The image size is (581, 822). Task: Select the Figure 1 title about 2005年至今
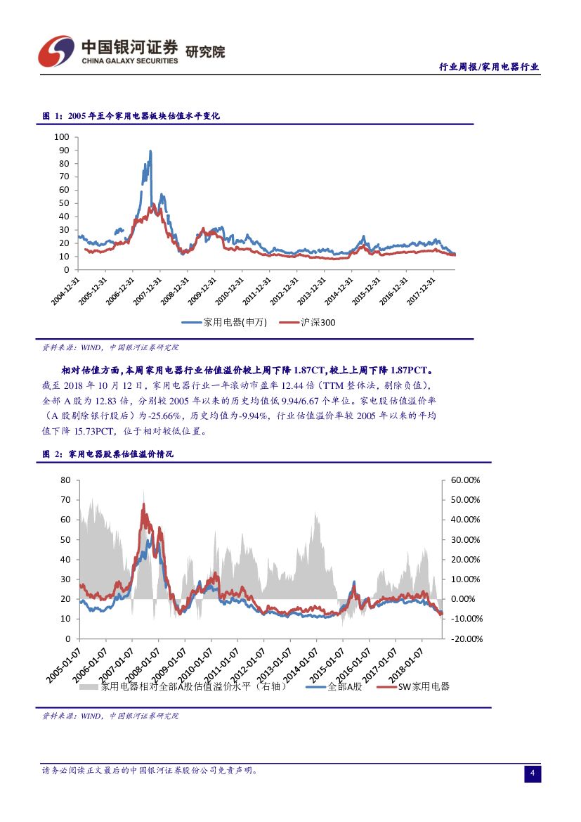click(131, 115)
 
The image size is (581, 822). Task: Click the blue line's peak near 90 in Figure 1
click(150, 151)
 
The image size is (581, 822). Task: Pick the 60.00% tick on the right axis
click(464, 480)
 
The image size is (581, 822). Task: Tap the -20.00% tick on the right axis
click(464, 639)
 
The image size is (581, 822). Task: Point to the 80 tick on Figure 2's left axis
click(66, 480)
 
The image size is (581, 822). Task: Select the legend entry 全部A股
click(344, 686)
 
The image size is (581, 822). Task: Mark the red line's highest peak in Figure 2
click(143, 504)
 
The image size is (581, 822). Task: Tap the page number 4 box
click(533, 773)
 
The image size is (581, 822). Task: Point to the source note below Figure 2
click(110, 716)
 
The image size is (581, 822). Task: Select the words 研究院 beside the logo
click(205, 51)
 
